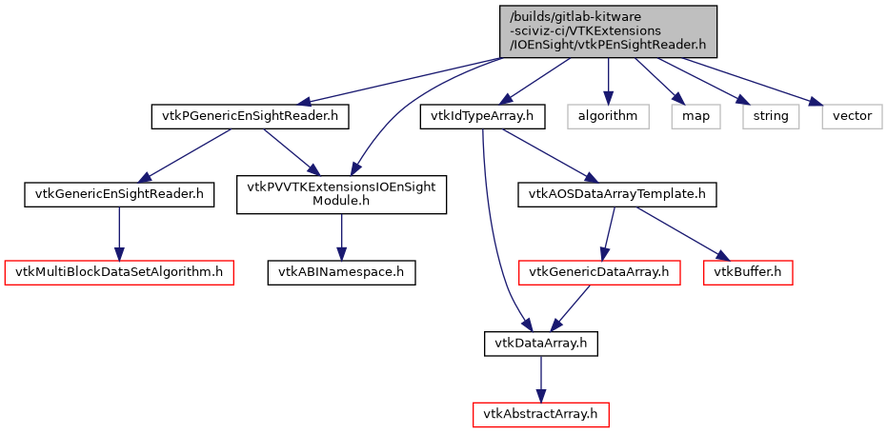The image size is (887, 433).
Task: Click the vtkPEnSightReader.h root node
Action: (x=608, y=30)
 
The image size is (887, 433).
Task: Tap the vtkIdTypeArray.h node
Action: (x=483, y=117)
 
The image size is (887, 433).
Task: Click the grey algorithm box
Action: (x=608, y=117)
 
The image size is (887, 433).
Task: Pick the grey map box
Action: (x=695, y=117)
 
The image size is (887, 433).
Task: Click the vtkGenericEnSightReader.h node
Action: (x=118, y=195)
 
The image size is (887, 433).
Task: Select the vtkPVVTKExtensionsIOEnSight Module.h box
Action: (x=341, y=194)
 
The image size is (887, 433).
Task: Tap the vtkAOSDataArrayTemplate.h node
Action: (x=616, y=195)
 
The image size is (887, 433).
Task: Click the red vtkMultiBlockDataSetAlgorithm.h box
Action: (x=119, y=272)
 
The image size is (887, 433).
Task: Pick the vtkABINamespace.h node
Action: (x=341, y=272)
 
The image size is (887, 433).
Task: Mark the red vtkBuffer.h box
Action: (x=748, y=272)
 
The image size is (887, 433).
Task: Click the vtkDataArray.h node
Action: (x=541, y=343)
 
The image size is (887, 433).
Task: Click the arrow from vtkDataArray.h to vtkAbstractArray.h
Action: (x=541, y=378)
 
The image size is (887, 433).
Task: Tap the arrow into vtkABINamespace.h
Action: (x=341, y=236)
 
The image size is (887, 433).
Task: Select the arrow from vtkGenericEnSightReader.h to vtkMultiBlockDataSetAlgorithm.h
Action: (x=118, y=234)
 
